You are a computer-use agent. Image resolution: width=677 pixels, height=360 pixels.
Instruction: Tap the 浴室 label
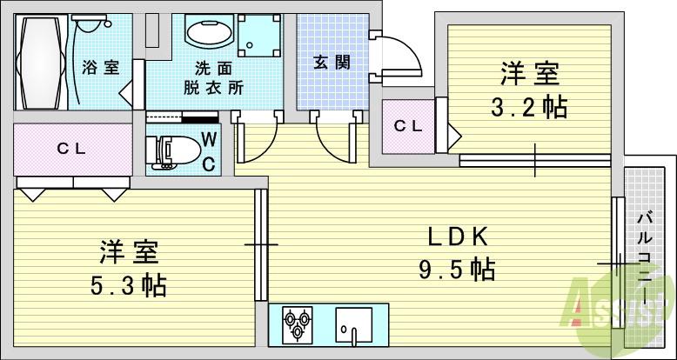pos(101,67)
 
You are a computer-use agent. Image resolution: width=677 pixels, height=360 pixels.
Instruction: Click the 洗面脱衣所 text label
pos(213,77)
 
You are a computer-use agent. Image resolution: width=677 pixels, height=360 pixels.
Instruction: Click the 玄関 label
pos(331,62)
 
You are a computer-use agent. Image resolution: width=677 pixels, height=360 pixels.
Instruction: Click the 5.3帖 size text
pos(128,284)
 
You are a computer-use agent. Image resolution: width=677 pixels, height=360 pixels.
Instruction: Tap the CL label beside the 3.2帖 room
pos(407,125)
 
